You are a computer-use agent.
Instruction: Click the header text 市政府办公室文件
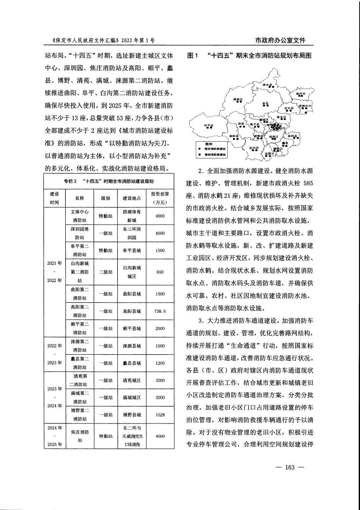[x=281, y=40]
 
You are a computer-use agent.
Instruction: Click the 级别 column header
[x=105, y=198]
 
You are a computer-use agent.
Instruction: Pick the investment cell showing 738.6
[x=160, y=311]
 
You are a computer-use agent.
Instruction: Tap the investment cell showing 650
[x=160, y=272]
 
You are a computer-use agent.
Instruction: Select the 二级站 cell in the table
[x=105, y=272]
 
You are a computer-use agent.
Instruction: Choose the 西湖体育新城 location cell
[x=132, y=216]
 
